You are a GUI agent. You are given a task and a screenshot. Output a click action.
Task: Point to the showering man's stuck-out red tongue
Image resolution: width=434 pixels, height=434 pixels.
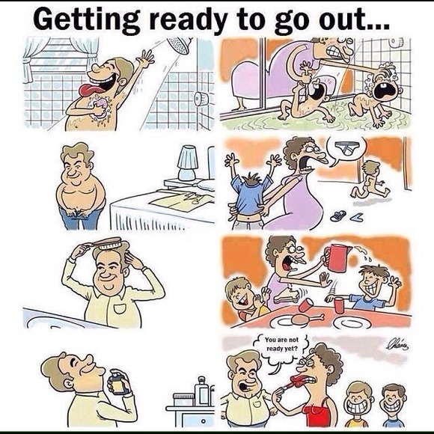(x=88, y=91)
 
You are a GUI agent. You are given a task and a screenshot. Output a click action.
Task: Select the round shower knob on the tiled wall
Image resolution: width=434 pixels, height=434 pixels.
(x=201, y=99)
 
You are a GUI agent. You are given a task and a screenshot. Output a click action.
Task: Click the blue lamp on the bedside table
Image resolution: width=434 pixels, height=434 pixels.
(x=187, y=163)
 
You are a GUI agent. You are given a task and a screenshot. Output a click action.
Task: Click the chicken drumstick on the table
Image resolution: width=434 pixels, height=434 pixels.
(x=307, y=320)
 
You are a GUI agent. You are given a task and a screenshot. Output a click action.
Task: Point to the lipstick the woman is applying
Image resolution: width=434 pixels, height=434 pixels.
(x=291, y=385)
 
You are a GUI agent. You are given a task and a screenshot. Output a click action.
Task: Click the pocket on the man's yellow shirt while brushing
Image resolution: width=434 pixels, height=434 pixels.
(x=120, y=308)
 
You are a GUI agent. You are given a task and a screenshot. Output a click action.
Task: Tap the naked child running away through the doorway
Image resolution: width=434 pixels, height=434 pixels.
(x=370, y=180)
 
